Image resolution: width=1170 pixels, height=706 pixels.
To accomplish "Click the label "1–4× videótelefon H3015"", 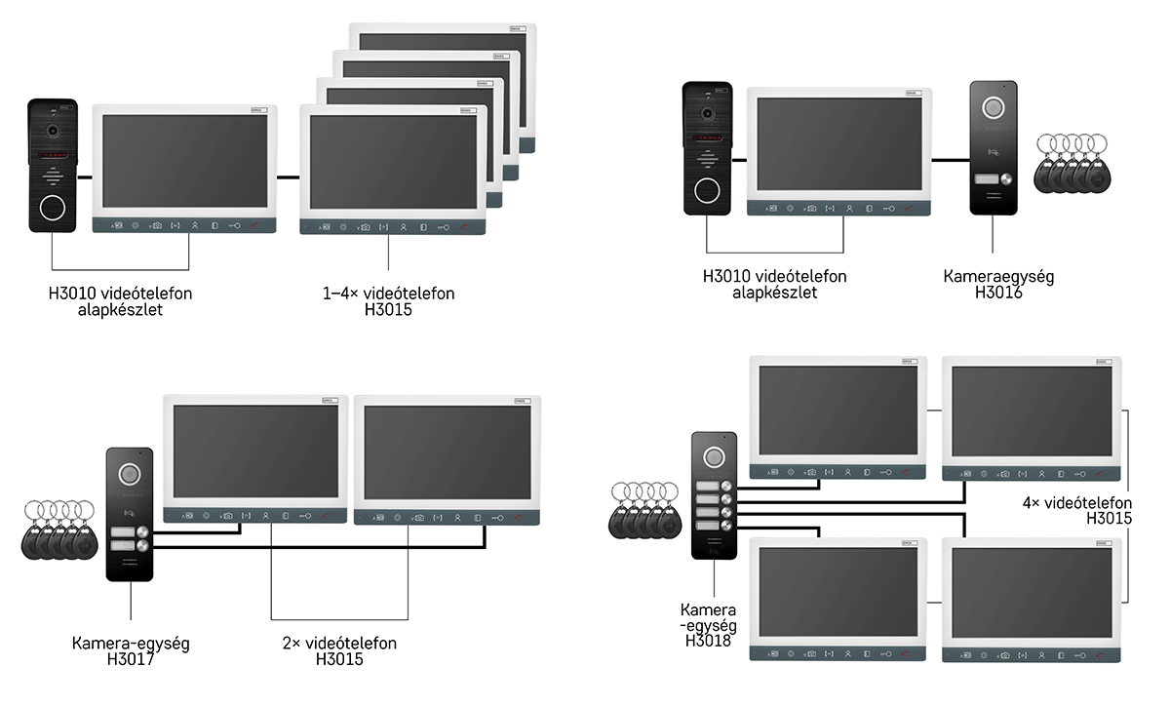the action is (x=388, y=301).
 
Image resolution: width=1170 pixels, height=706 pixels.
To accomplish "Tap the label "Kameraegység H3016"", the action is (x=998, y=285).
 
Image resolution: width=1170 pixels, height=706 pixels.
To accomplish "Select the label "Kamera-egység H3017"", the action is (x=131, y=651).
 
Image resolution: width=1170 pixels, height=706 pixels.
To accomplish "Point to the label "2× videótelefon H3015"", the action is (x=339, y=651).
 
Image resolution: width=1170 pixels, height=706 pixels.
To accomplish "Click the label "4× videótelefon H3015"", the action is (x=1077, y=511).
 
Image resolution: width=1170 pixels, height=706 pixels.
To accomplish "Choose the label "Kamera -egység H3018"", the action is (x=708, y=625).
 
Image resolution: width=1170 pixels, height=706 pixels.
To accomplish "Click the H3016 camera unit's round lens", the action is (x=993, y=108).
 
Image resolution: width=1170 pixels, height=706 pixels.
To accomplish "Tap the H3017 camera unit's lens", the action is (x=129, y=475).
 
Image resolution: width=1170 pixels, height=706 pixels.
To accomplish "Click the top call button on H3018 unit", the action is (x=726, y=486).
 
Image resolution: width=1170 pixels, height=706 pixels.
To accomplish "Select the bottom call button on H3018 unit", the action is (x=726, y=526).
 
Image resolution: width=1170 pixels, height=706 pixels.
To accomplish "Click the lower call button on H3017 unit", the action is (x=142, y=546).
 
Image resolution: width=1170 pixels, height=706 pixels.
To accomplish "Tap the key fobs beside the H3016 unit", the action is (x=1072, y=164).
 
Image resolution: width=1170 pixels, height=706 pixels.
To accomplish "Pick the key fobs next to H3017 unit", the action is (x=59, y=529).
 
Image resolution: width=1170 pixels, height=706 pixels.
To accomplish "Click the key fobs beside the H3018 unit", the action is (x=645, y=510).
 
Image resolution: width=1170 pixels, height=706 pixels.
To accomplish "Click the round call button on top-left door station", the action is (x=53, y=208).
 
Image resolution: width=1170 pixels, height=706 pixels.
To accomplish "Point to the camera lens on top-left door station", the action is (x=53, y=130).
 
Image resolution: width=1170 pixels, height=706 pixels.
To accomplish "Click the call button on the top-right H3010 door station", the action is (x=707, y=190).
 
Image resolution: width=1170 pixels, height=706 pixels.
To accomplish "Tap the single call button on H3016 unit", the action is (x=1006, y=179).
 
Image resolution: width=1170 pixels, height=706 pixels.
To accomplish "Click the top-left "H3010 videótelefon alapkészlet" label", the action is (x=120, y=301).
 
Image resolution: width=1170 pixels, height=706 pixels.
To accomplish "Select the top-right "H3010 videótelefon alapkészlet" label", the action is (x=774, y=285).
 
